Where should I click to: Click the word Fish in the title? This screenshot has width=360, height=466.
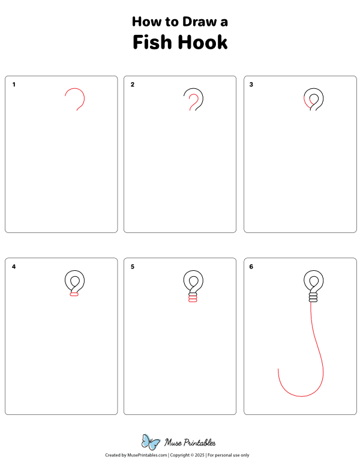pos(151,43)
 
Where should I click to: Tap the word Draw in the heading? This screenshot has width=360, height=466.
pos(192,22)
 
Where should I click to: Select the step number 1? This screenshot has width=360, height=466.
pos(14,85)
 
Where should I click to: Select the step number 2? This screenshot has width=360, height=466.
pos(133,85)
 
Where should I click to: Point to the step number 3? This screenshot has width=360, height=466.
pos(251,85)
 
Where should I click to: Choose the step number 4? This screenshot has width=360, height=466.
pos(14,267)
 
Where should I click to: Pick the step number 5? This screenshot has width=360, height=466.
pos(133,267)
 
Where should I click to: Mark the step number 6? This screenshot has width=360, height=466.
pos(251,267)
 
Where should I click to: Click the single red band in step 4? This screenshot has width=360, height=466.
pos(74,294)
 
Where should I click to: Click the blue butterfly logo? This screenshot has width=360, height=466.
pos(150,442)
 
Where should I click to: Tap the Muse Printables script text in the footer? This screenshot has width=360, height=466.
pos(190,443)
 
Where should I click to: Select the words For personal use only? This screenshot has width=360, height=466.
pos(229,456)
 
